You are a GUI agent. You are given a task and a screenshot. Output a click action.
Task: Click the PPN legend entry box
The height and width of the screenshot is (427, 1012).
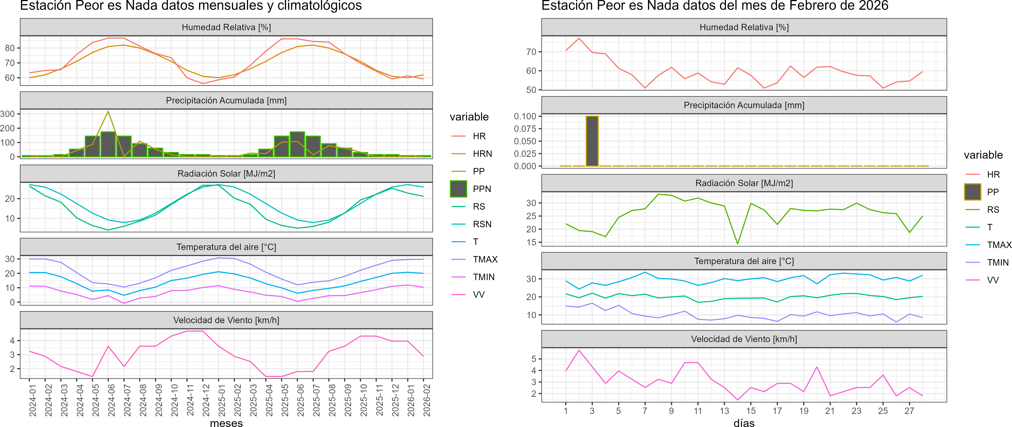coord(459,189)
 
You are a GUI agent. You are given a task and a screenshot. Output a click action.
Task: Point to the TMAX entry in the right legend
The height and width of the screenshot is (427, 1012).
coord(999,245)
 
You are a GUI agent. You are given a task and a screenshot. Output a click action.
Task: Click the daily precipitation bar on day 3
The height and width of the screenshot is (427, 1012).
coord(592,141)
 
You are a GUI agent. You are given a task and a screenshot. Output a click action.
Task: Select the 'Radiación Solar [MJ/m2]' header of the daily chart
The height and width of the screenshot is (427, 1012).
coord(744,183)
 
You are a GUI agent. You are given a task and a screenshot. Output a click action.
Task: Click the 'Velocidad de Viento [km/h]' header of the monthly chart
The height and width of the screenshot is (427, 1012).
coord(226,320)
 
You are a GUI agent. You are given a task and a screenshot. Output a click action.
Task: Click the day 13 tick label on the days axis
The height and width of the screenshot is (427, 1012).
coord(724,411)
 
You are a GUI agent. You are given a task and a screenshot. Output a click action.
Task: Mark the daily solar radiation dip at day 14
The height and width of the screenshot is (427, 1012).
coord(737,244)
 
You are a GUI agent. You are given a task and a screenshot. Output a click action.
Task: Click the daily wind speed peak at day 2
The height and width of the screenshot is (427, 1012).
coord(579,350)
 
